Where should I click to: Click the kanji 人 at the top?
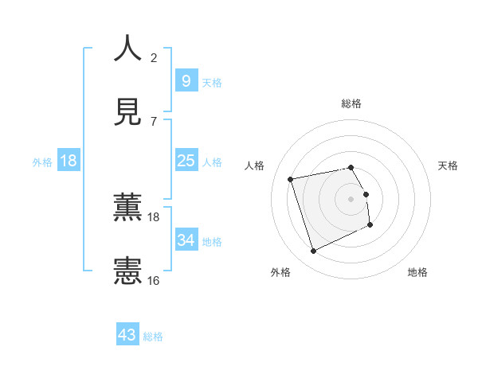127,49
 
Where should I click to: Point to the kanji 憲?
127,271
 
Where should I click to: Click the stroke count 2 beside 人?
154,58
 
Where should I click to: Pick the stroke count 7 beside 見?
154,121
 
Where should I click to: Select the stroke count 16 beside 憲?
154,280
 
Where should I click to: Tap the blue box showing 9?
186,80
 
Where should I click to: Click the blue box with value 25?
186,161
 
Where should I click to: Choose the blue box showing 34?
186,240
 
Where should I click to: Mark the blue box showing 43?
127,335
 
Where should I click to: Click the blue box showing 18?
69,161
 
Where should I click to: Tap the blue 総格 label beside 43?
153,337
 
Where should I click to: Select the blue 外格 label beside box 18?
42,162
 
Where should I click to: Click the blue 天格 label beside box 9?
212,82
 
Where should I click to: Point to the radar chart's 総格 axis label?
351,103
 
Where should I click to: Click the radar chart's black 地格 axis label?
417,272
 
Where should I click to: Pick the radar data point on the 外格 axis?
313,251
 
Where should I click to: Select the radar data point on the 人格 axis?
291,178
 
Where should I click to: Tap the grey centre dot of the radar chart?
351,198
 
